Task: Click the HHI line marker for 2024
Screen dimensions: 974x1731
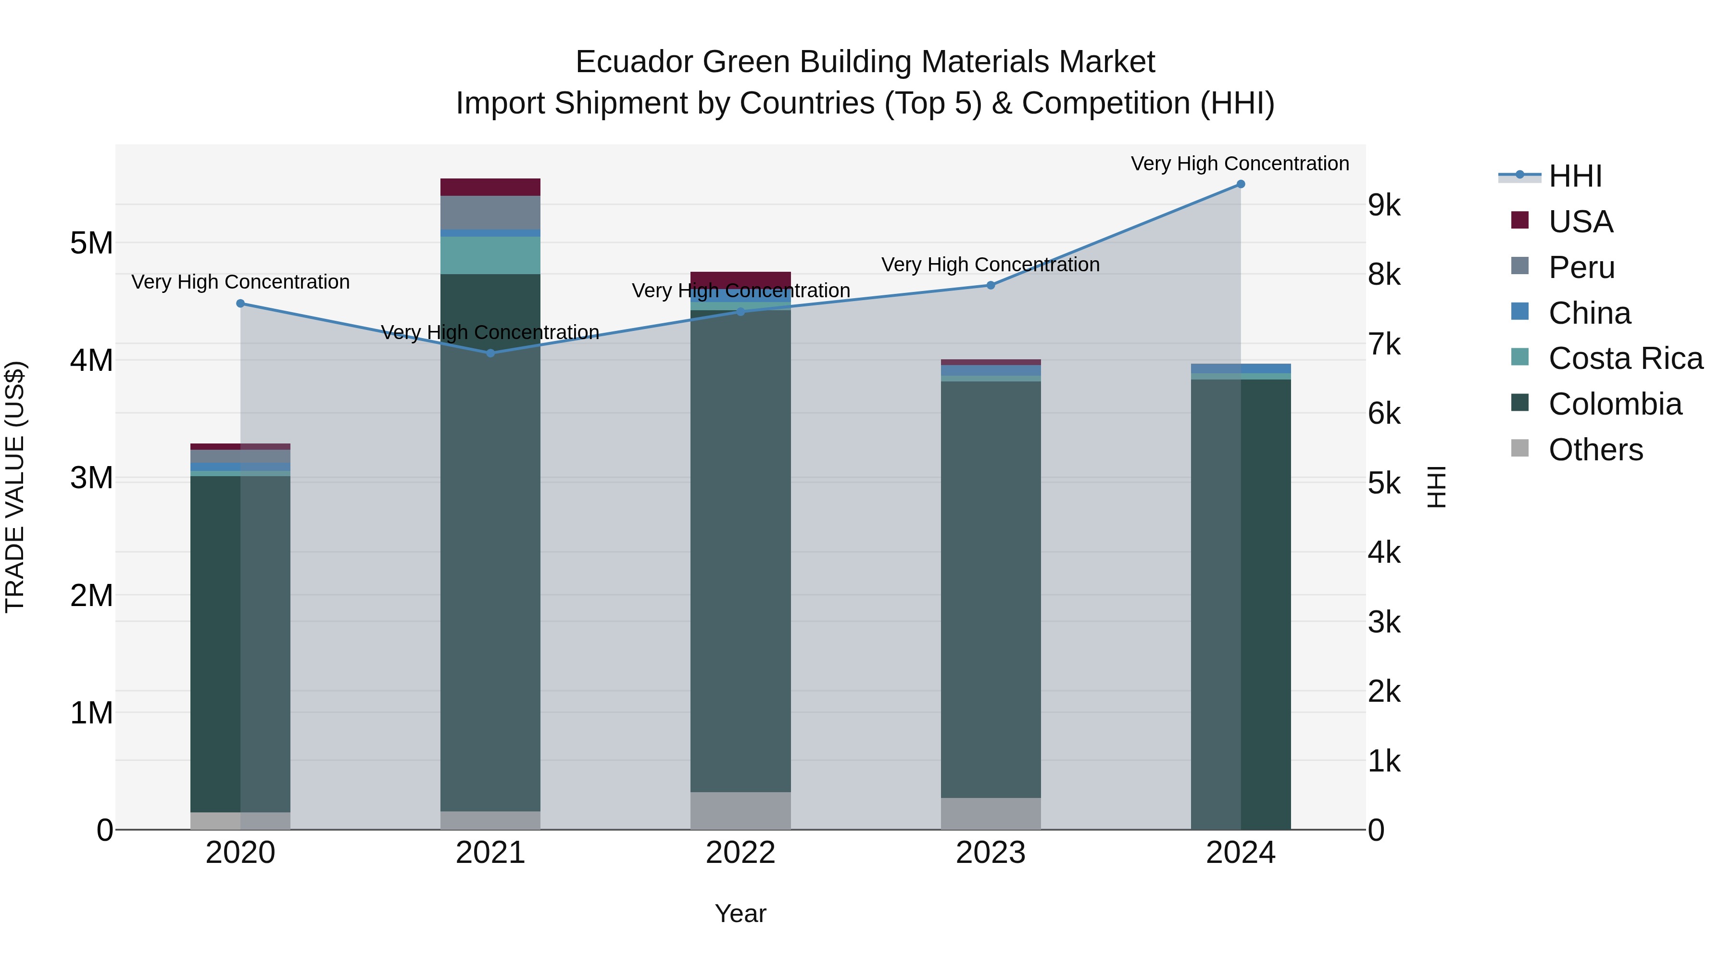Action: (1241, 184)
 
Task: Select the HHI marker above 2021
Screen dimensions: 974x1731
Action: (490, 353)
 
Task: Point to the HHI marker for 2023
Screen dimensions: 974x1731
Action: (991, 285)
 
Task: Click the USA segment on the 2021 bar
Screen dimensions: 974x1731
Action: (490, 187)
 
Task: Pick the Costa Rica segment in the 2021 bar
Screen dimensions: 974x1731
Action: (490, 255)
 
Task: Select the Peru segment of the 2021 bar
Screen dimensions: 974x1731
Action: (490, 213)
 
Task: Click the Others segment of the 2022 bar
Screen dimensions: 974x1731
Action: (740, 810)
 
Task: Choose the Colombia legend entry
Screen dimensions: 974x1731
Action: (1615, 404)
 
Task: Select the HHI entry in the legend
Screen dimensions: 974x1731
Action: (1574, 176)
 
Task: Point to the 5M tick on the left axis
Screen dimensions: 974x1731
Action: (91, 243)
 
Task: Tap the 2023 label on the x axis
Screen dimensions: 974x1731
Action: (991, 853)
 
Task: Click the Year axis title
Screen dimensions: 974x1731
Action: (740, 913)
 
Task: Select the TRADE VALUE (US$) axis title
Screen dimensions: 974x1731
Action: (15, 487)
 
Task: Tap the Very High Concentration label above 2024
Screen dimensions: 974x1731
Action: (1240, 164)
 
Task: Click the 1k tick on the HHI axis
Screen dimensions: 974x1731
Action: (1384, 761)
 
